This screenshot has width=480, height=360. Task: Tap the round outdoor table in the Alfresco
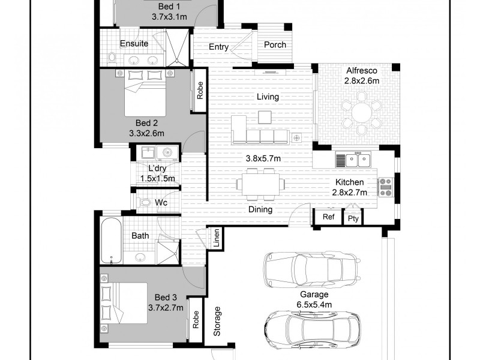pos(361,111)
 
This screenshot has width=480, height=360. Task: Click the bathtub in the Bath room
pos(111,241)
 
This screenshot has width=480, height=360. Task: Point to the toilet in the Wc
pos(145,203)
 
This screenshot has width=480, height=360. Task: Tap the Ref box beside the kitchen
pos(328,218)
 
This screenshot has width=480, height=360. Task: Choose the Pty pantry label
pos(353,218)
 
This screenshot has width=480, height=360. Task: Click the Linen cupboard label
pos(216,238)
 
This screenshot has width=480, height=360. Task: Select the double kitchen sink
pos(354,160)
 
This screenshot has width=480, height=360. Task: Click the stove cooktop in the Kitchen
pos(385,186)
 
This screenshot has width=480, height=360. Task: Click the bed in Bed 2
pos(146,92)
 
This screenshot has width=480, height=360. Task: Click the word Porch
pos(275,45)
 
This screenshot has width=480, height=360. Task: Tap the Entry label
pos(218,47)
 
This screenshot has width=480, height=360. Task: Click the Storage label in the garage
pos(218,322)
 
